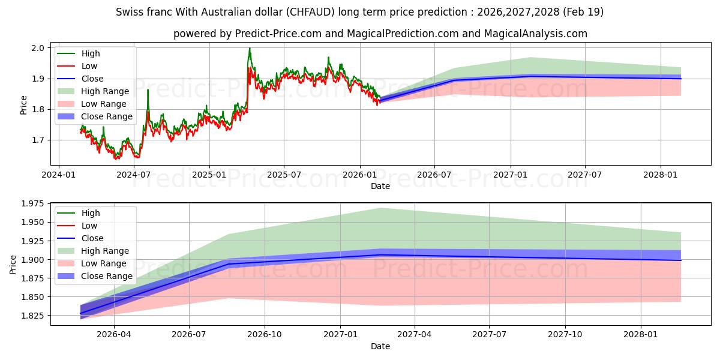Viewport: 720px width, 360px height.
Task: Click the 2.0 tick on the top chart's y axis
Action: click(x=37, y=48)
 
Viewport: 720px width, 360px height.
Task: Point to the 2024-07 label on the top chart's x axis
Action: click(x=133, y=175)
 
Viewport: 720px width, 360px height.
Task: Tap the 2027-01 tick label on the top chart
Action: click(x=511, y=175)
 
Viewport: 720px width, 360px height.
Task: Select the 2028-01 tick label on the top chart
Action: click(x=660, y=175)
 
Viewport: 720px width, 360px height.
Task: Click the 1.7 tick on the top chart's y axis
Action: click(x=37, y=140)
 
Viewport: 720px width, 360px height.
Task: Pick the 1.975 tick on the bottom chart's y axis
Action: click(x=32, y=204)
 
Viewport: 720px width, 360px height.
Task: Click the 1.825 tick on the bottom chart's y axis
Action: click(x=32, y=316)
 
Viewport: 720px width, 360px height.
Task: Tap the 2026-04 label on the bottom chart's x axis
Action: click(x=114, y=335)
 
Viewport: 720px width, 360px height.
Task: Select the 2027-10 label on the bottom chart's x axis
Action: click(x=565, y=335)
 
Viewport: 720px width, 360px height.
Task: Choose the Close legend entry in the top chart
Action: click(x=80, y=79)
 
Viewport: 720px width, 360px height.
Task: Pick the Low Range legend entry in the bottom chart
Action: click(x=92, y=263)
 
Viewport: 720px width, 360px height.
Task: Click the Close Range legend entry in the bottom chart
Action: click(x=95, y=276)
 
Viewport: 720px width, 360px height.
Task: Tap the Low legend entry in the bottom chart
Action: click(x=77, y=226)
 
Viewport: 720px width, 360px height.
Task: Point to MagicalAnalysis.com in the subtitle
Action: click(x=535, y=34)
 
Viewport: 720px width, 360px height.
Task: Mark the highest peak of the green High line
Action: click(x=250, y=48)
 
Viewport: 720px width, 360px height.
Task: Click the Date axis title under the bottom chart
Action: click(x=380, y=346)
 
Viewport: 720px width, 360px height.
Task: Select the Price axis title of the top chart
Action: click(x=23, y=105)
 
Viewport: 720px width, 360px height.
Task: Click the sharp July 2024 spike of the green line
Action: click(x=148, y=89)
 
